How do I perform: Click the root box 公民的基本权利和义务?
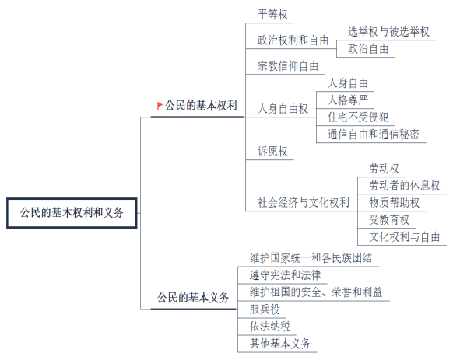click(72, 213)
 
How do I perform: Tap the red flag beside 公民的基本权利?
click(160, 106)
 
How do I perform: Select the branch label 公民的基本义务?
click(193, 298)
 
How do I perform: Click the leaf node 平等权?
click(272, 15)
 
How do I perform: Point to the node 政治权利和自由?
click(293, 40)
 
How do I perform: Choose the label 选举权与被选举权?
click(388, 32)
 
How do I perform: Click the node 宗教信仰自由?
click(288, 66)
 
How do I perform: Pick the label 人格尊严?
click(348, 100)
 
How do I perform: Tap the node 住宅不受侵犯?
click(358, 117)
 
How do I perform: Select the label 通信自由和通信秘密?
click(373, 135)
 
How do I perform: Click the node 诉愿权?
click(272, 152)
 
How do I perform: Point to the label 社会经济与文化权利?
click(304, 203)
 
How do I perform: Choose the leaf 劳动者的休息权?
click(404, 186)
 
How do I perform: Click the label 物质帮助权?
click(394, 203)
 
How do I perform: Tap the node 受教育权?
click(389, 220)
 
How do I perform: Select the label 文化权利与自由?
click(404, 237)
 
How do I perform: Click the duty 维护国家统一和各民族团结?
click(311, 258)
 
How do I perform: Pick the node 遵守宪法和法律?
click(285, 275)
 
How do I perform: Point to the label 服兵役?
click(265, 309)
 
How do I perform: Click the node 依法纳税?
click(270, 327)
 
